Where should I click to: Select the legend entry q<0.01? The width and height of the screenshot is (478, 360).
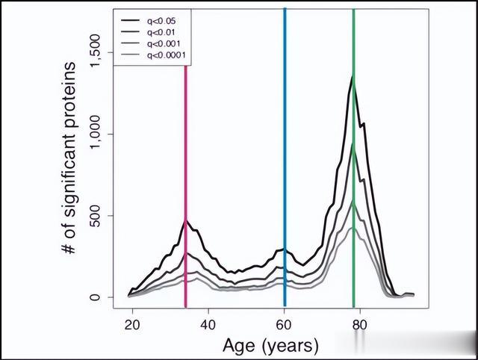160,32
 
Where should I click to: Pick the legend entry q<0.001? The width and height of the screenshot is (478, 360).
162,43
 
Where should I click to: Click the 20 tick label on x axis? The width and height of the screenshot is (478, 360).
132,325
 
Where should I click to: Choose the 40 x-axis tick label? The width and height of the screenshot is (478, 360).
208,325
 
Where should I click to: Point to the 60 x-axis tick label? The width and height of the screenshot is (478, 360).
284,325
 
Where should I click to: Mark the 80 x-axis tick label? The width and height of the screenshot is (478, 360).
359,325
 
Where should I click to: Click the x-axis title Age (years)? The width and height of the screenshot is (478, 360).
270,346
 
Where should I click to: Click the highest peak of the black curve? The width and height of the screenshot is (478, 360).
353,76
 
